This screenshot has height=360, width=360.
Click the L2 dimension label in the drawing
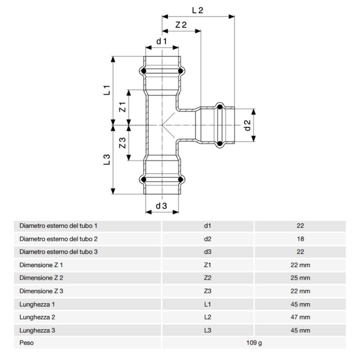pyautogui.click(x=197, y=10)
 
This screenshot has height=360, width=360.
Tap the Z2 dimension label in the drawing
pyautogui.click(x=181, y=25)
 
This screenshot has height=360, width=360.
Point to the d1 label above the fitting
pyautogui.click(x=162, y=41)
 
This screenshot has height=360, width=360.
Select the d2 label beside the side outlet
pyautogui.click(x=248, y=125)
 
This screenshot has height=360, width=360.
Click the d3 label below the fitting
pyautogui.click(x=161, y=206)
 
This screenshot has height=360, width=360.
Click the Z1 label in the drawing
pyautogui.click(x=122, y=107)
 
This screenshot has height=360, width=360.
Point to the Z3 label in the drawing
pyautogui.click(x=122, y=143)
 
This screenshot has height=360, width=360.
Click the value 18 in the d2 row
pyautogui.click(x=300, y=239)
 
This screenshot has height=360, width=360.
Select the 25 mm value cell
pyautogui.click(x=300, y=278)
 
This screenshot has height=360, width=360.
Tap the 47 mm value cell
pyautogui.click(x=300, y=317)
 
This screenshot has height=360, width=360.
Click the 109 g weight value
pyautogui.click(x=254, y=343)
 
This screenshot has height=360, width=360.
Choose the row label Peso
pyautogui.click(x=26, y=343)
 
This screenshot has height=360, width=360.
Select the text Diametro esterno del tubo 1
pyautogui.click(x=58, y=226)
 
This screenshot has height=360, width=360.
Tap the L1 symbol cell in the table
pyautogui.click(x=207, y=304)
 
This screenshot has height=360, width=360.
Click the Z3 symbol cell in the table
pyautogui.click(x=207, y=291)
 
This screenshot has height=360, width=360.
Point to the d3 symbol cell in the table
pyautogui.click(x=207, y=252)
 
